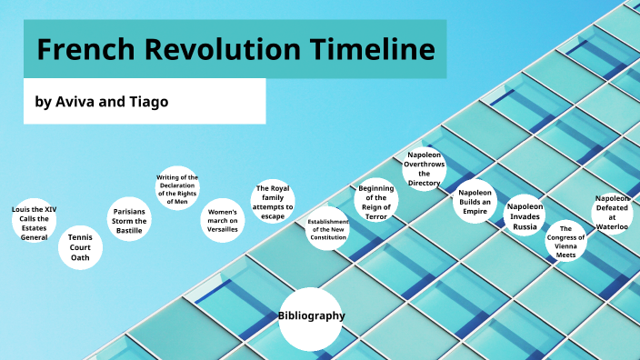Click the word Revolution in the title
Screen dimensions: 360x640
pos(233,49)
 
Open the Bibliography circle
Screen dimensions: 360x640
pos(311,317)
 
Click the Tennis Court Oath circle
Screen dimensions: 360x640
pos(80,245)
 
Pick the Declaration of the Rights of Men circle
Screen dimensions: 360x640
pos(177,189)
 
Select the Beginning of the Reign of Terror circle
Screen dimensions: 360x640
pos(376,202)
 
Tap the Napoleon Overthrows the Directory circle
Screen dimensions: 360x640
pos(424,169)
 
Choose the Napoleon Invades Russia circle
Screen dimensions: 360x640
pos(525,216)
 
